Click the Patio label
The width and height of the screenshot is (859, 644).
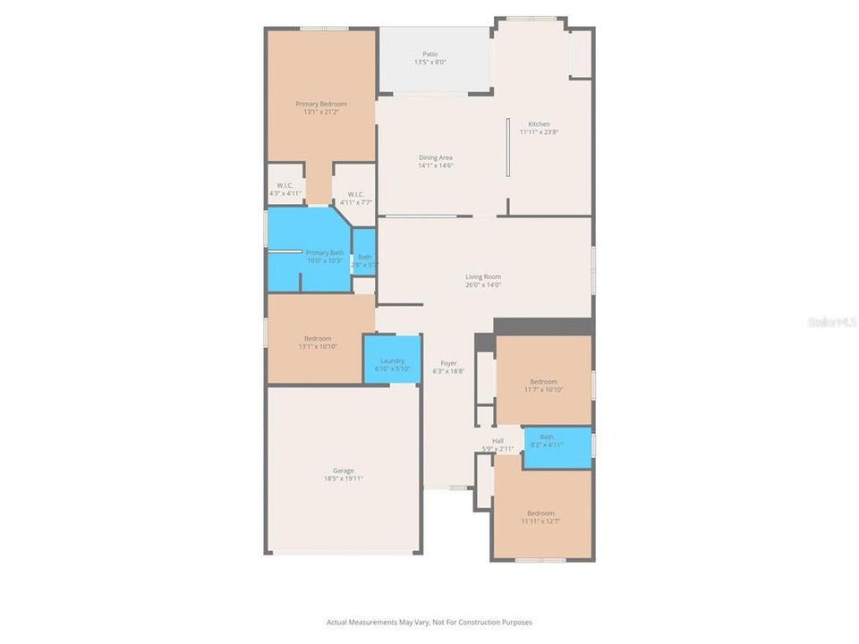(x=430, y=55)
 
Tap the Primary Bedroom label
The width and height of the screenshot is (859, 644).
(x=321, y=104)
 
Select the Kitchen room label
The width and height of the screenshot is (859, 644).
(x=539, y=124)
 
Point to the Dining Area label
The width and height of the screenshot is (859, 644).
(x=436, y=157)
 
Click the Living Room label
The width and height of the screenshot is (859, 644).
(x=483, y=276)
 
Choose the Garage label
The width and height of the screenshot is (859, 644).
(x=344, y=470)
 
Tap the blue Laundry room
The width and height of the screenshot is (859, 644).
(x=392, y=360)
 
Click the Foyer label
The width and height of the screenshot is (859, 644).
(x=449, y=363)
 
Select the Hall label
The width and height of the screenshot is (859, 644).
(x=498, y=440)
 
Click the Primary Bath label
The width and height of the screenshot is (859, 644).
(x=324, y=253)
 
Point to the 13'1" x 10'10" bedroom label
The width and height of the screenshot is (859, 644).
(x=318, y=338)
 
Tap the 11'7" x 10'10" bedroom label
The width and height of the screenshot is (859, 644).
(x=543, y=382)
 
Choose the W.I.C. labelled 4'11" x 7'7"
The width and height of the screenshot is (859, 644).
(x=355, y=194)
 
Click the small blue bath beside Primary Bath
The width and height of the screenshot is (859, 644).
(x=364, y=258)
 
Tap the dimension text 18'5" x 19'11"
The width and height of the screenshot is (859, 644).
(x=344, y=479)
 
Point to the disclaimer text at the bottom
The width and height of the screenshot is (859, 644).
(x=429, y=622)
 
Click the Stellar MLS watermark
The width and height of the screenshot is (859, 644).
(x=831, y=321)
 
